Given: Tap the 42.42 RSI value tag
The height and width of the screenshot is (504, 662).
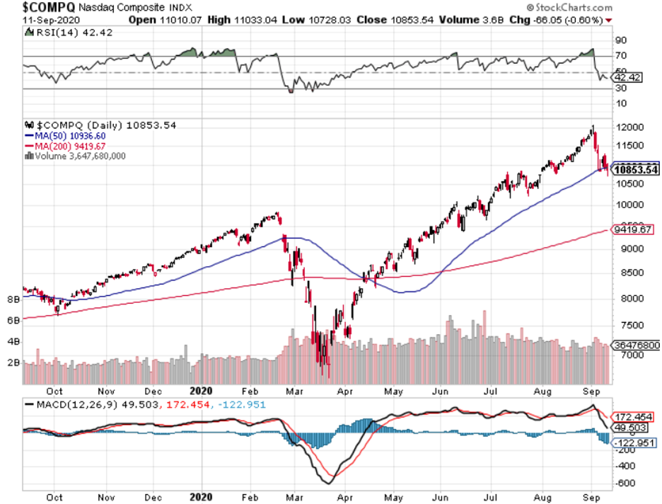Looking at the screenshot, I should coord(627,77).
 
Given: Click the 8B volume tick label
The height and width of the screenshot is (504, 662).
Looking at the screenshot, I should coord(13,300).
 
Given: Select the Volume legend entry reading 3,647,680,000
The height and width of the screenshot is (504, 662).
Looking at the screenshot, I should coord(78,156).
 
